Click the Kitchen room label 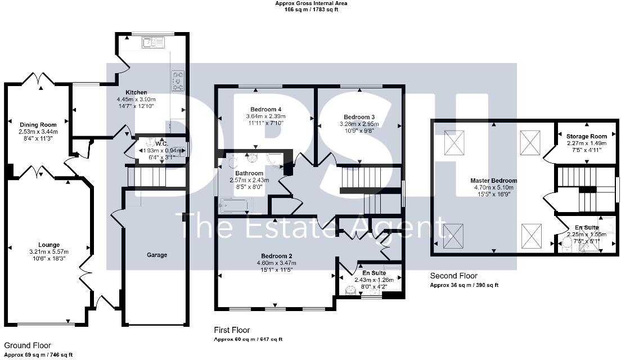tap(136, 92)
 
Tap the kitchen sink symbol tap(152, 42)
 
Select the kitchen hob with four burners tap(178, 80)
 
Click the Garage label tap(157, 255)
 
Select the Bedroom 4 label tap(264, 109)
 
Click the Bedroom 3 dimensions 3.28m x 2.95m tap(359, 124)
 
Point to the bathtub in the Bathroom tap(236, 205)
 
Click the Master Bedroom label tap(493, 181)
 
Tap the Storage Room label tap(586, 136)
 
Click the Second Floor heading tap(453, 276)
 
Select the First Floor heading tap(232, 330)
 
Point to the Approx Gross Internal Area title tap(311, 3)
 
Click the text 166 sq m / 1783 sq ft tap(311, 10)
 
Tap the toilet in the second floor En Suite tap(567, 244)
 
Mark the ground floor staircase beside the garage tap(148, 177)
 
